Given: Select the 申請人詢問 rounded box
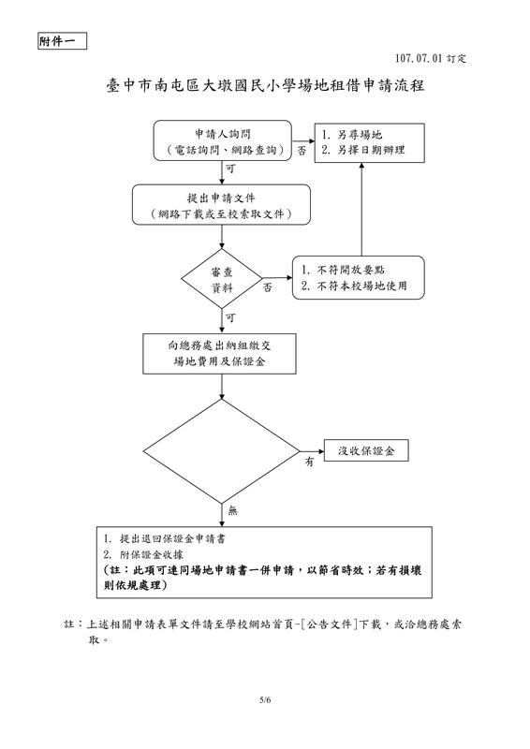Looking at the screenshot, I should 222,141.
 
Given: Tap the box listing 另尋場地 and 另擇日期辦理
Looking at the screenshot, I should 367,141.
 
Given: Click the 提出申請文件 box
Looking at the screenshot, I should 222,207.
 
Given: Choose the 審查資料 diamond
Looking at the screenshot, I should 222,280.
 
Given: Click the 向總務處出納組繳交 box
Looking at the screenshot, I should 222,353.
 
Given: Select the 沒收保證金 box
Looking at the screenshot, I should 366,451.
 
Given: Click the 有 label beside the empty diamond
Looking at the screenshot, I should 308,463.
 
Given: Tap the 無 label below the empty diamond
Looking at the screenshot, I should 233,510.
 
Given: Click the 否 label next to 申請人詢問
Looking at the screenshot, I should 302,150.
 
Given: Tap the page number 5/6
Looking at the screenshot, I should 265,699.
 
